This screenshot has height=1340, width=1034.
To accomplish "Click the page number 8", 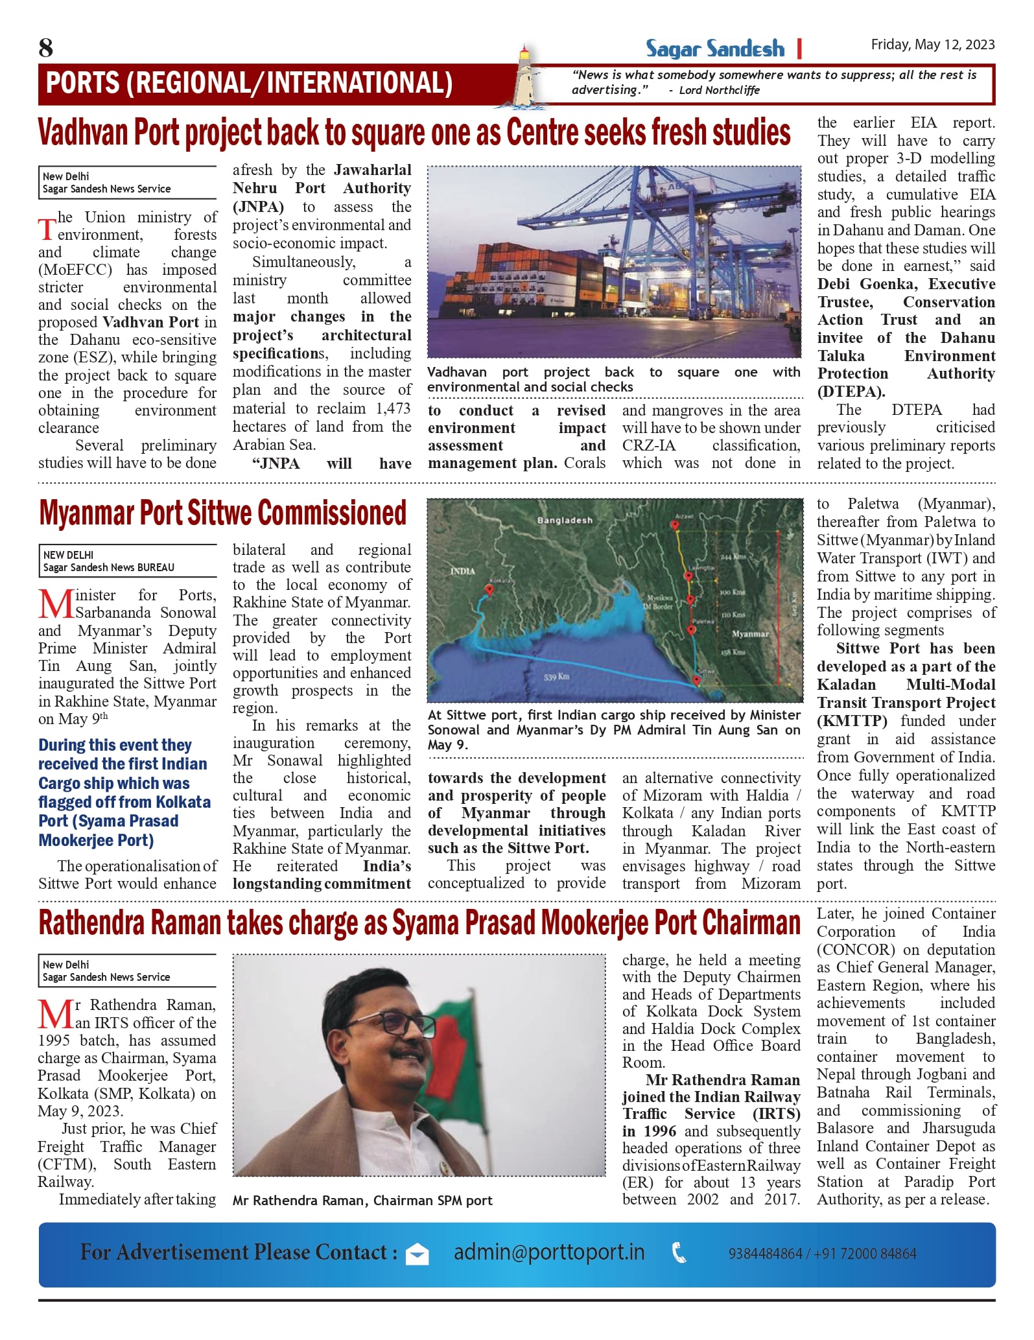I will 46,48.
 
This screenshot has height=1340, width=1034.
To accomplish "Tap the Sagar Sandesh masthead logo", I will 714,49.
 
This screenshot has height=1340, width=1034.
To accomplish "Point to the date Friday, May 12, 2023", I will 932,45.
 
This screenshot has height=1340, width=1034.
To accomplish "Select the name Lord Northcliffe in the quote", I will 719,91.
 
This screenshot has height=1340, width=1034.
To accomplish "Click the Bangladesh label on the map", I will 564,521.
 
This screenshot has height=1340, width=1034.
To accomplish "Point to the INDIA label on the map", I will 463,571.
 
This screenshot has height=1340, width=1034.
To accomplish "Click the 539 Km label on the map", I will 556,677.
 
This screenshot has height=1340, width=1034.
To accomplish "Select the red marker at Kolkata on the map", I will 489,589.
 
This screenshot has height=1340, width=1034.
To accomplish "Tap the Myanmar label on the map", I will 750,633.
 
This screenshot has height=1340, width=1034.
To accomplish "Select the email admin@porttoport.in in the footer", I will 548,1252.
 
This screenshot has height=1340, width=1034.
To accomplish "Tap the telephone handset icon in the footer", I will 679,1252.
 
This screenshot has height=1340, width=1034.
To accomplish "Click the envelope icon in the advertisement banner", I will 417,1255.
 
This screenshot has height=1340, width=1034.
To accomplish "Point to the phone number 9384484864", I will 765,1254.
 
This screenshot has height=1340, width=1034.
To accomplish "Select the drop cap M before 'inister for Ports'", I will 56,605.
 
